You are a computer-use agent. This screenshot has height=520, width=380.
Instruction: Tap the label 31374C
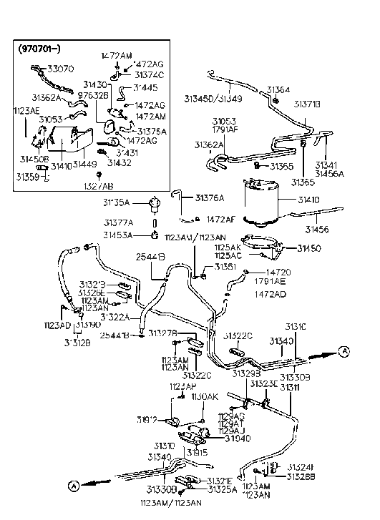click(149, 74)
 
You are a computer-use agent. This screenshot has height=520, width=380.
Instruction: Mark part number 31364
click(278, 90)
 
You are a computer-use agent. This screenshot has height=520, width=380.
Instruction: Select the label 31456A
click(329, 173)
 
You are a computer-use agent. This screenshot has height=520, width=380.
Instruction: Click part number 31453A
click(117, 235)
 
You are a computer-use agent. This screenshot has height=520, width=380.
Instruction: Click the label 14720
click(281, 273)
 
